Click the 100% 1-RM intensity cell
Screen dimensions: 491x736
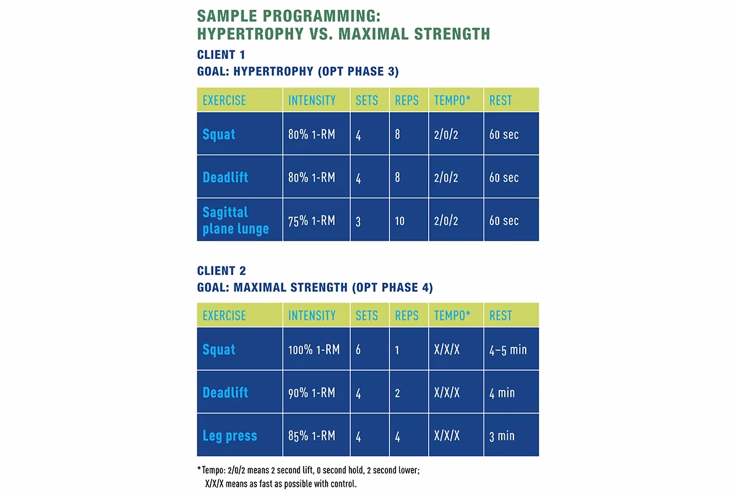click(x=312, y=350)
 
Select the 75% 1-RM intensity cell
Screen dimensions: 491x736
click(x=312, y=220)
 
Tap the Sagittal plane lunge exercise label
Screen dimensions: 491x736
click(x=236, y=220)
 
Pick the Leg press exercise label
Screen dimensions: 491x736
click(x=229, y=436)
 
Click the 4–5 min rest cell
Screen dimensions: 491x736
click(x=508, y=350)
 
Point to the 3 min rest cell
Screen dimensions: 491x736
click(x=502, y=436)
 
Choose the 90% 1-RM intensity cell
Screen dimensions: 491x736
click(x=312, y=393)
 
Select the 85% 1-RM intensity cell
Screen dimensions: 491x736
click(x=312, y=436)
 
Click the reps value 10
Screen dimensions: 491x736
click(x=399, y=220)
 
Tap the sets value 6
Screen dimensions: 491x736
click(x=358, y=350)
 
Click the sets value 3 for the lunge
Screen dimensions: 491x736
click(x=358, y=221)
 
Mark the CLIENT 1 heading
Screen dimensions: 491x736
click(x=221, y=55)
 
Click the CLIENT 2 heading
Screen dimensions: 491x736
click(x=221, y=271)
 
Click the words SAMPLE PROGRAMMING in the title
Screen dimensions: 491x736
click(x=293, y=15)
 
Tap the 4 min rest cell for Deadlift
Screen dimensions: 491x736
click(x=502, y=393)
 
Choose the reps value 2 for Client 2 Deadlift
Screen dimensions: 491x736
click(x=397, y=393)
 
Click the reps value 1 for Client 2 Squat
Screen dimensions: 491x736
click(x=397, y=350)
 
